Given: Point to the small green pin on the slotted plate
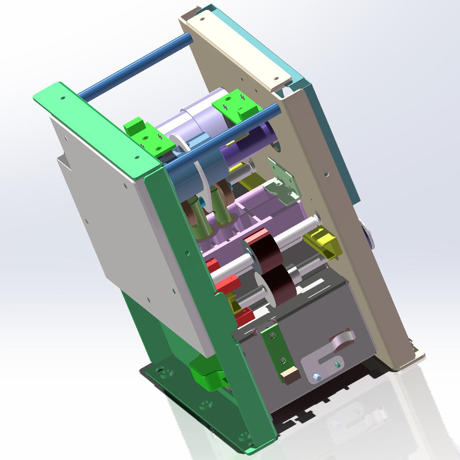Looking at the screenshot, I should point(337,364).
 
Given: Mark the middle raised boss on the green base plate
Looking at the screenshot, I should point(206,405).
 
